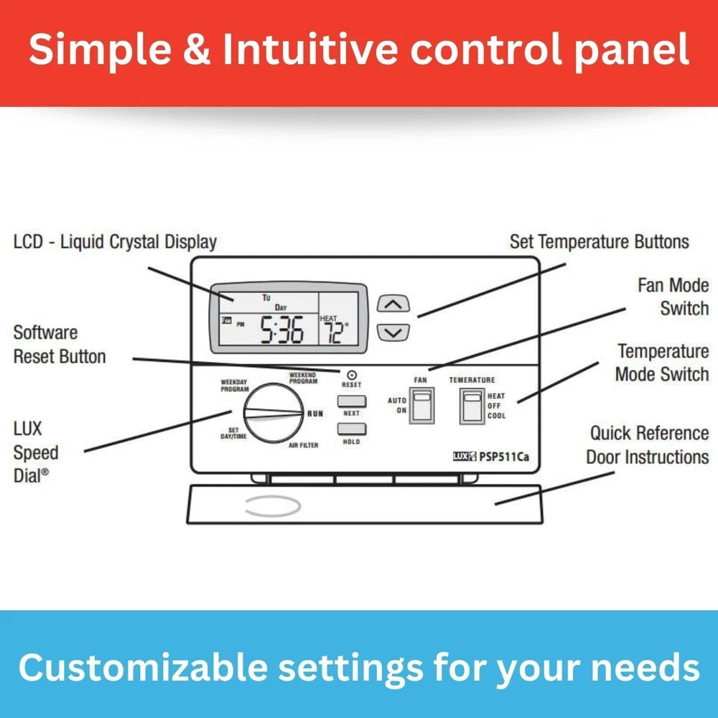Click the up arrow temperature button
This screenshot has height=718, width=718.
pos(393,303)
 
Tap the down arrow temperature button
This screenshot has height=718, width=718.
pos(393,332)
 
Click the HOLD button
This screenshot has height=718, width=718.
pos(351,429)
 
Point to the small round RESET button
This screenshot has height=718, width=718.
pos(352,374)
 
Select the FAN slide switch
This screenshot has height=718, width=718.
pos(421,405)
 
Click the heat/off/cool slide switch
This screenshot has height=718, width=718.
pos(472,405)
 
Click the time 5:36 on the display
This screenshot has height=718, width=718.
pos(281,330)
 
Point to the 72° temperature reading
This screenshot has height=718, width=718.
pos(335,332)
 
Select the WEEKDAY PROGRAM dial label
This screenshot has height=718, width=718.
pos(235,385)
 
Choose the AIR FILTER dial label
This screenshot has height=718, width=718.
pos(304,445)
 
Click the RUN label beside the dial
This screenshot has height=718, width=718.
pos(315,414)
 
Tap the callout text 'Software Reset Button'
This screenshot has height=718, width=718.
pos(60,344)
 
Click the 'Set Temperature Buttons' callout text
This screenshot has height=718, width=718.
pos(599,242)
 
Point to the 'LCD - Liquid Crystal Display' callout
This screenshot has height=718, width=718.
pos(115,242)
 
